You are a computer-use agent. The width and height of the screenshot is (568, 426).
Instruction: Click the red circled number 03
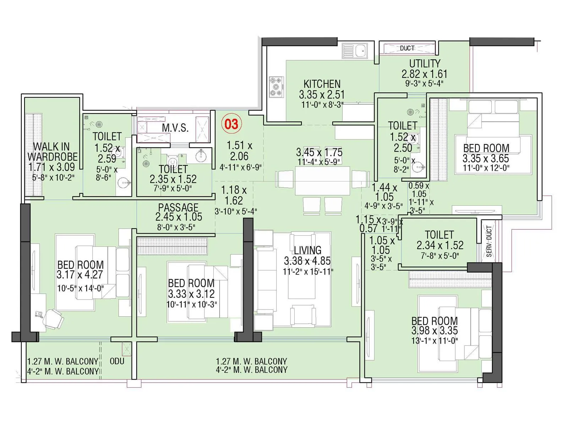pos(231,124)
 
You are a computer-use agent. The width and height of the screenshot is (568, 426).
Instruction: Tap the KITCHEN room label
pos(322,84)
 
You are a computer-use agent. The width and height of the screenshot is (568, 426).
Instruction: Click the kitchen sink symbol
pos(355,51)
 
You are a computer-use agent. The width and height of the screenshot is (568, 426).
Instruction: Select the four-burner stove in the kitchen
pos(277,87)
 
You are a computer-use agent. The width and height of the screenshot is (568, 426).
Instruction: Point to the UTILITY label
pos(425,64)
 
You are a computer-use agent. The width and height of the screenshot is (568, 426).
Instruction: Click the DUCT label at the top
pos(407,48)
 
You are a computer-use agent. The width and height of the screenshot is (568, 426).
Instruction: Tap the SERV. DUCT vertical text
pos(489,241)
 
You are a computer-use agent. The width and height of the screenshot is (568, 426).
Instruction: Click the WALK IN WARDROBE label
pos(52,152)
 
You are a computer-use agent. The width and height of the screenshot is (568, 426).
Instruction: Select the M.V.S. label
pos(175,128)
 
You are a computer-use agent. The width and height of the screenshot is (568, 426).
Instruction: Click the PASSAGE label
pos(178,207)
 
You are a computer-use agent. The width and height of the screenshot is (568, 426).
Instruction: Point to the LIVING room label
pos(307,250)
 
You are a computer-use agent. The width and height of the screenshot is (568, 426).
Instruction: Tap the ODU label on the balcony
pos(117,361)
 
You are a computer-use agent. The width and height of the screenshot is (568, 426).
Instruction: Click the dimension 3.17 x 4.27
pos(80,275)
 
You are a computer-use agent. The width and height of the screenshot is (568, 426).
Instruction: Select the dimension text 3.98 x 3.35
pos(435,331)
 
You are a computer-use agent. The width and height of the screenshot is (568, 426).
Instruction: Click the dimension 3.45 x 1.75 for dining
pos(319,153)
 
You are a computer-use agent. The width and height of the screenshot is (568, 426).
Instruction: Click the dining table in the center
pos(322,181)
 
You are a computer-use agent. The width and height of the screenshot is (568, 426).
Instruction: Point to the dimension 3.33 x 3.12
pos(191,294)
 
